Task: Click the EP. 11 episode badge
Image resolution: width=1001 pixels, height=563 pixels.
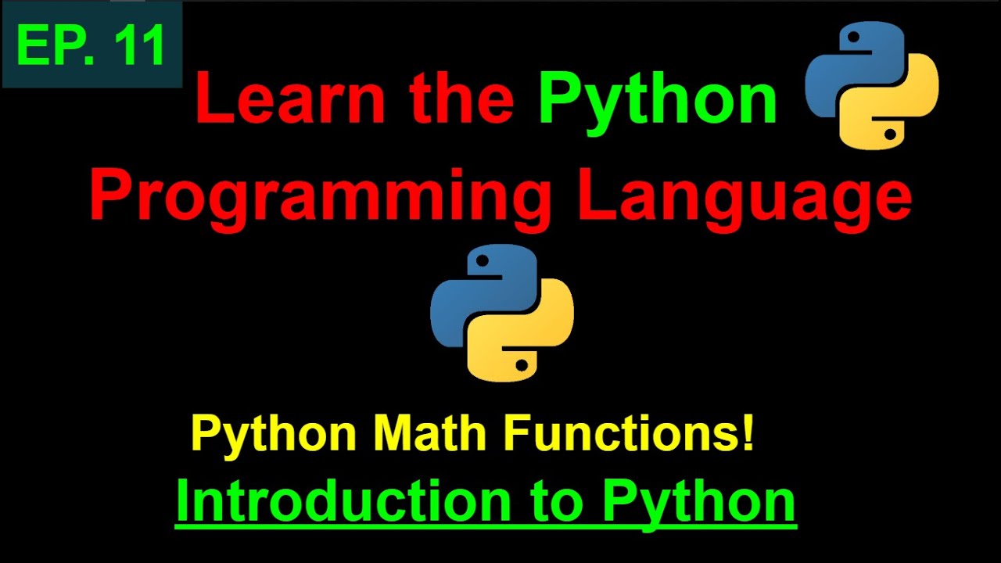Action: point(92,44)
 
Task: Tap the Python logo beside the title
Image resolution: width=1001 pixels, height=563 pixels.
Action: point(872,85)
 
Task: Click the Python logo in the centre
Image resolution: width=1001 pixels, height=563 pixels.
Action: point(502,313)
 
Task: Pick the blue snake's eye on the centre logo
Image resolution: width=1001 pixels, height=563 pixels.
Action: point(483,261)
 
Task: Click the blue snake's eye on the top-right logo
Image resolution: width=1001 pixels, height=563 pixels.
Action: point(853,38)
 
